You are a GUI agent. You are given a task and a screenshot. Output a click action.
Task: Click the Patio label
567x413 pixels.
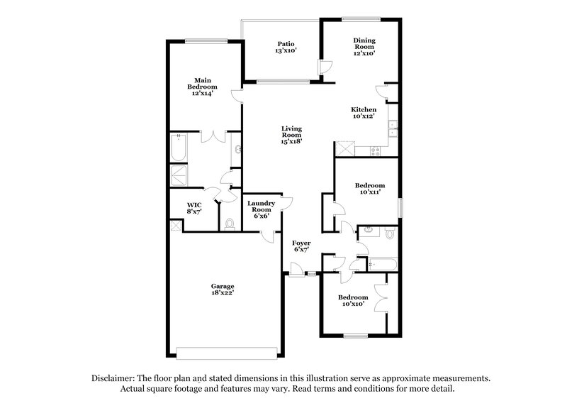tap(286, 47)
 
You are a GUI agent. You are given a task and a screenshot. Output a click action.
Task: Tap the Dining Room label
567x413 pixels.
tap(364, 47)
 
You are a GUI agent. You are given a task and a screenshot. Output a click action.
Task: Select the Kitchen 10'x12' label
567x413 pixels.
tap(364, 113)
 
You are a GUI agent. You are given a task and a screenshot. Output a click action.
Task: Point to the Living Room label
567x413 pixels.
tap(291, 135)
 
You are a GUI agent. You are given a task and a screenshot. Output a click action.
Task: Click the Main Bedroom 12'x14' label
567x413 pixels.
tap(202, 86)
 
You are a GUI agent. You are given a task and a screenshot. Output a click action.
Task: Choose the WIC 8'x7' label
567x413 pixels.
tap(194, 208)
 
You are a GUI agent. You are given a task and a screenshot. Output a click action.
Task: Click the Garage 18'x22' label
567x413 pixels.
tap(222, 290)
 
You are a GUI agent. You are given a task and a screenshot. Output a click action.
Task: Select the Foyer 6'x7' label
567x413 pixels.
tap(302, 246)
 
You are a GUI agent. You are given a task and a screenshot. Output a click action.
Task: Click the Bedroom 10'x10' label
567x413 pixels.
tap(352, 300)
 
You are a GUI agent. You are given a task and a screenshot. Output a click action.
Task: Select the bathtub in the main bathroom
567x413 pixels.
tap(179, 150)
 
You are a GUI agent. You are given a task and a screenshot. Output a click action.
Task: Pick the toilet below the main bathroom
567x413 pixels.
tap(229, 224)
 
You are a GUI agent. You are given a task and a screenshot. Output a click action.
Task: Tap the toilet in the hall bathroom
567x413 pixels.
tap(390, 233)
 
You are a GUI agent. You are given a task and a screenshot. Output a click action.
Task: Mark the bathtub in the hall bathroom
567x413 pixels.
tap(383, 264)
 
